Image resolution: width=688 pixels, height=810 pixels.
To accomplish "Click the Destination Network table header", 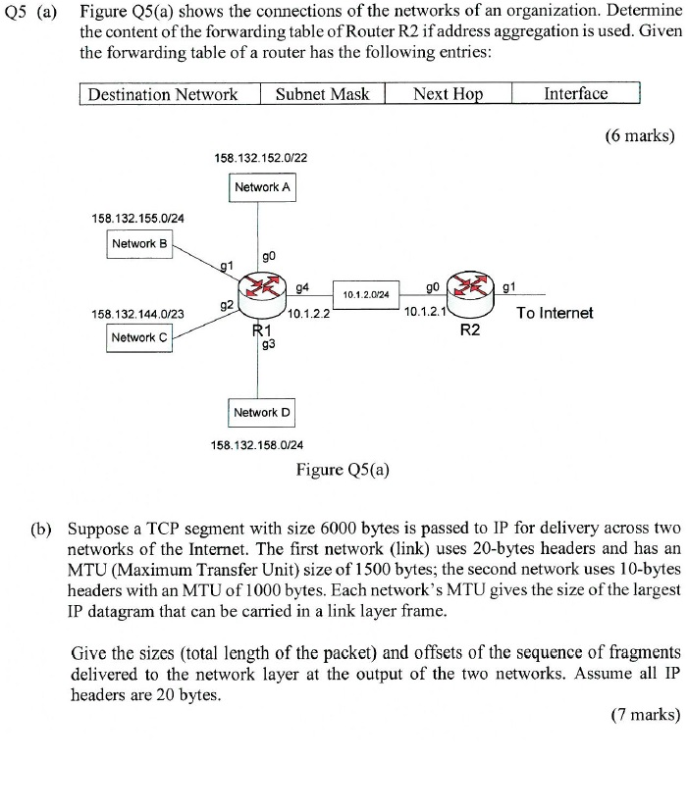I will (163, 94).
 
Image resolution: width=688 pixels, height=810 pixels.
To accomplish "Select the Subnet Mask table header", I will (322, 94).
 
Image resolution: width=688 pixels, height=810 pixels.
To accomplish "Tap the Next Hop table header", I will (449, 94).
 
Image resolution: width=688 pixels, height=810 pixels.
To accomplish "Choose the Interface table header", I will (575, 94).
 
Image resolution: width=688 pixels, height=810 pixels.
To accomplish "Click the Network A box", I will (262, 186).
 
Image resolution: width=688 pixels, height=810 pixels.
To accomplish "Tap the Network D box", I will (262, 412).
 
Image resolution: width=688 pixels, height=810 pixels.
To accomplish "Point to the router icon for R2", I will (468, 287).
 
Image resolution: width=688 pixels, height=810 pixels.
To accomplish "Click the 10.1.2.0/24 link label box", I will (365, 293).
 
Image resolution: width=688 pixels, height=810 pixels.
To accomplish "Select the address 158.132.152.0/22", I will (262, 156).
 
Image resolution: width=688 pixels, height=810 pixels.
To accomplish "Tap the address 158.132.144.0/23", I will (137, 314).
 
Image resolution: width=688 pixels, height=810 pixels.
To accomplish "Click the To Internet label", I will (555, 313).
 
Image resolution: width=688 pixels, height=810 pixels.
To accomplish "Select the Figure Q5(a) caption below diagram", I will (343, 469).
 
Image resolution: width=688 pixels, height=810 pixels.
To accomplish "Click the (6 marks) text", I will (638, 136).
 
